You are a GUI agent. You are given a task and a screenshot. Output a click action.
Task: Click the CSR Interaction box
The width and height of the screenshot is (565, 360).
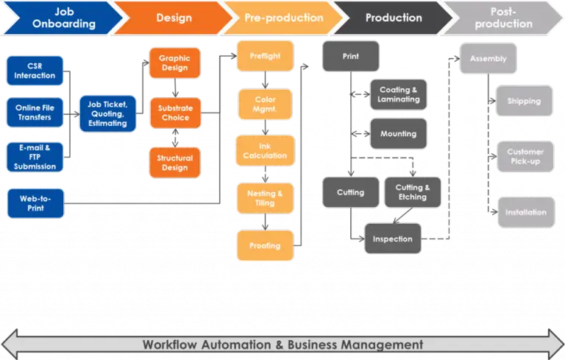(x=35, y=71)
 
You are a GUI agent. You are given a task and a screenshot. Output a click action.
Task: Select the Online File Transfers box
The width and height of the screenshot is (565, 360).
(x=35, y=113)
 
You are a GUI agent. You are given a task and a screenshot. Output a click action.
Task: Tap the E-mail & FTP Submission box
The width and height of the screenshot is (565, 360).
(x=35, y=156)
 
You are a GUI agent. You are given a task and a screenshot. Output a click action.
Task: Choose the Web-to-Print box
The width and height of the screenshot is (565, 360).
(x=35, y=202)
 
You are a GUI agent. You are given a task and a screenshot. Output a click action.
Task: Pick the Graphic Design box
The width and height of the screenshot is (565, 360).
(x=175, y=64)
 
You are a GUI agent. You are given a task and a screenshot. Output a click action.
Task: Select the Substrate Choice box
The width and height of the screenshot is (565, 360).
(x=175, y=113)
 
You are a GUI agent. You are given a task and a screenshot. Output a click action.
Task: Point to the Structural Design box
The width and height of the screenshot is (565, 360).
(x=175, y=162)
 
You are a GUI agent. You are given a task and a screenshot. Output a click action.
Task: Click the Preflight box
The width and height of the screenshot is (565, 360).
(x=264, y=56)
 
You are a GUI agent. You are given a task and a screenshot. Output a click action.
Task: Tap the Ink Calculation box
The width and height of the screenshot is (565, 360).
(x=264, y=150)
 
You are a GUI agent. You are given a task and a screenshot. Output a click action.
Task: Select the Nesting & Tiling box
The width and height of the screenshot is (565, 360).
(x=264, y=198)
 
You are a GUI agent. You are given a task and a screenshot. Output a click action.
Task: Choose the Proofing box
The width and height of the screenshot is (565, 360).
(x=264, y=246)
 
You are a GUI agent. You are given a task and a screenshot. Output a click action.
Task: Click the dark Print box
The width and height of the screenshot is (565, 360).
(x=350, y=56)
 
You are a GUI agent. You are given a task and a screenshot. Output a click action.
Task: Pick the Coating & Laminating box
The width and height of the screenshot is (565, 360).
(x=398, y=94)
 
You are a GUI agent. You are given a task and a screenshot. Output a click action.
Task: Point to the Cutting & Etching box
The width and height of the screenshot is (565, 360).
(x=413, y=192)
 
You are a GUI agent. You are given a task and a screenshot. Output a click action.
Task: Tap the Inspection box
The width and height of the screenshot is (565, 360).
(x=393, y=239)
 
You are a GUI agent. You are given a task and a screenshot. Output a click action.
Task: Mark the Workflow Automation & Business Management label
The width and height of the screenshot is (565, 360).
(x=282, y=344)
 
